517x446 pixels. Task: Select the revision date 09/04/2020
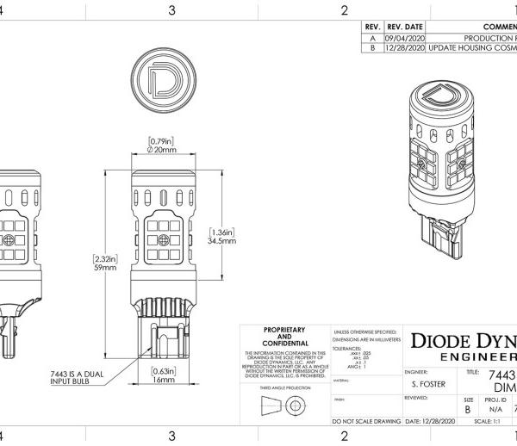[405, 38]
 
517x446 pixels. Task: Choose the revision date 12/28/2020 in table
[405, 49]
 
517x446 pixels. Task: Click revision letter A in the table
[372, 38]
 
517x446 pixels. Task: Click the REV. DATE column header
[405, 27]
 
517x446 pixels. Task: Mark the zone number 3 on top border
[171, 10]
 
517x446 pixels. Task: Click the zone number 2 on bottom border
[344, 436]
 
